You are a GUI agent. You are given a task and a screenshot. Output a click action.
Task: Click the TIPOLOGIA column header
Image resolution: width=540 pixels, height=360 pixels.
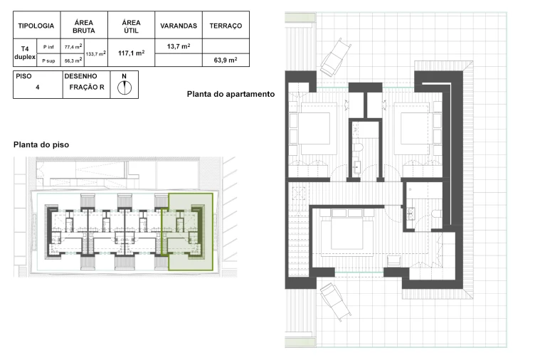(x=36, y=26)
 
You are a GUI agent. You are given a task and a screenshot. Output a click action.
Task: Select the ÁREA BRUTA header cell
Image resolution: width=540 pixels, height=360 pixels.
(x=83, y=26)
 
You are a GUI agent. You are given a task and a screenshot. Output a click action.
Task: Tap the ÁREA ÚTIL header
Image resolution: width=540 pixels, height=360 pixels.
(x=131, y=26)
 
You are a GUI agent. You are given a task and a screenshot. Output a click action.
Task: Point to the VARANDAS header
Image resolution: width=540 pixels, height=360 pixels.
(x=179, y=26)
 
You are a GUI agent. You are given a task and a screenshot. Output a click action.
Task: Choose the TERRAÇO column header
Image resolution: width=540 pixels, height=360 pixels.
(x=226, y=26)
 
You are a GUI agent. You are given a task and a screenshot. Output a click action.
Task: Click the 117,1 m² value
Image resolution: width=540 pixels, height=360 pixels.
(x=131, y=53)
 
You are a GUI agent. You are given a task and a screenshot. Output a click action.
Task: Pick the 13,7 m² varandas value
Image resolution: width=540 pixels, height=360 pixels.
(x=179, y=46)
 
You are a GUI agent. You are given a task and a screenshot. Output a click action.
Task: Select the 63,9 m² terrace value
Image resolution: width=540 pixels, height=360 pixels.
(x=226, y=60)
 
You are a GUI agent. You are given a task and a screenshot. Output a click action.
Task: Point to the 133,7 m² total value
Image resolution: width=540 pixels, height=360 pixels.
(x=95, y=53)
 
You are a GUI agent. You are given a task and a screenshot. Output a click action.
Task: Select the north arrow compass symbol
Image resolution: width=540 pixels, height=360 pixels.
(x=125, y=87)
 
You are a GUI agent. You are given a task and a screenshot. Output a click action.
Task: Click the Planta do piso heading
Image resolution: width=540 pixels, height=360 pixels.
(x=41, y=144)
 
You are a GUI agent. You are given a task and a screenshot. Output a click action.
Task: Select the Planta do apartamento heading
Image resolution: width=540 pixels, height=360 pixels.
(x=231, y=94)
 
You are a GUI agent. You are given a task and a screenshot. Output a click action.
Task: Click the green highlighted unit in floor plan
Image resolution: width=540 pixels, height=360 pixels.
(x=189, y=231)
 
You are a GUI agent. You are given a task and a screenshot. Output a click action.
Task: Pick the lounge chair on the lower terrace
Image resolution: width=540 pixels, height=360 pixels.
(x=336, y=301)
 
